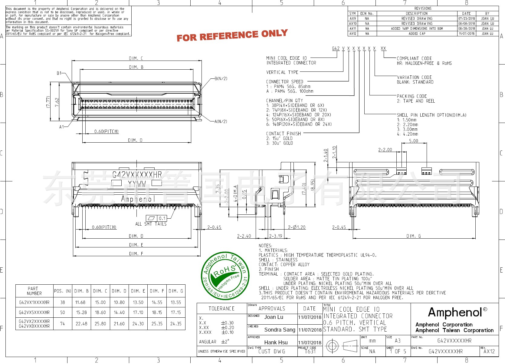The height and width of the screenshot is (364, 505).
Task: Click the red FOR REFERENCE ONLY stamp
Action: click(232, 35)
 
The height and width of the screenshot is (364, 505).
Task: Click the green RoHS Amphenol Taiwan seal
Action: click(225, 276)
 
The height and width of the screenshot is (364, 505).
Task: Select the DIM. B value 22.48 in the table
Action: click(81, 324)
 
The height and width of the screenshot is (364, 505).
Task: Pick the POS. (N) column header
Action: click(63, 291)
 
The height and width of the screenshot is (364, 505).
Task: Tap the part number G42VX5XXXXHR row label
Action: click(34, 312)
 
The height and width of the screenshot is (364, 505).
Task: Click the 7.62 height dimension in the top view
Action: click(57, 102)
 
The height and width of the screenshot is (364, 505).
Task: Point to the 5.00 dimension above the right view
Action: click(413, 141)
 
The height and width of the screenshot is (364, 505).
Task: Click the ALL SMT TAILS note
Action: click(151, 224)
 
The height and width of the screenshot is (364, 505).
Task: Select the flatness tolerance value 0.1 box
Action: click(162, 218)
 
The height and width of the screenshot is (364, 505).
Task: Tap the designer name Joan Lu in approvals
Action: click(274, 317)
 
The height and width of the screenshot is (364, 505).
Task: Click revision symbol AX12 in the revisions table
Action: click(353, 34)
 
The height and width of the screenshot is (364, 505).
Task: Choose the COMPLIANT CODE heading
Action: click(414, 58)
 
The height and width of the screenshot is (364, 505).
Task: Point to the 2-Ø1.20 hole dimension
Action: click(297, 227)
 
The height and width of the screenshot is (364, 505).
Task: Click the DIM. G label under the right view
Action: click(413, 236)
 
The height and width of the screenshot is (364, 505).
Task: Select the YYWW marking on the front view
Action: click(137, 184)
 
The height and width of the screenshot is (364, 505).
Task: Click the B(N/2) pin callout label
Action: click(221, 78)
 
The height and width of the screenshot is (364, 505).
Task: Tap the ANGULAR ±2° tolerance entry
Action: click(214, 342)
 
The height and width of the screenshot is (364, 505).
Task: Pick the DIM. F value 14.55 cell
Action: click(157, 302)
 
